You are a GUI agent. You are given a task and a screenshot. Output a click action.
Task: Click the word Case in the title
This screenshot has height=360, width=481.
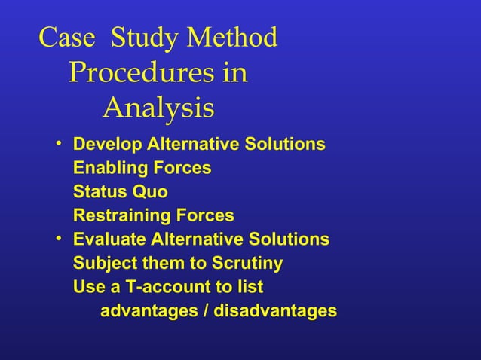pos(66,38)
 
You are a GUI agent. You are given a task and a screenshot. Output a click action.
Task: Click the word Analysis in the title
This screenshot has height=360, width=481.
pos(158,108)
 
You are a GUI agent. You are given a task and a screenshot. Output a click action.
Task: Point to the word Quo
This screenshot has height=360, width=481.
pos(151,192)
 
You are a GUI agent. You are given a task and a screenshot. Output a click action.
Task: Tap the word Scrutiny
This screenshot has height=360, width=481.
pos(247,264)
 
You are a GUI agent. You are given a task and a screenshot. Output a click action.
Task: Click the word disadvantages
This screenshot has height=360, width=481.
pos(276,311)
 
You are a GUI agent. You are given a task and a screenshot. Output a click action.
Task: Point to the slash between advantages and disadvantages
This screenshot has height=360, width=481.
pos(207,311)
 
